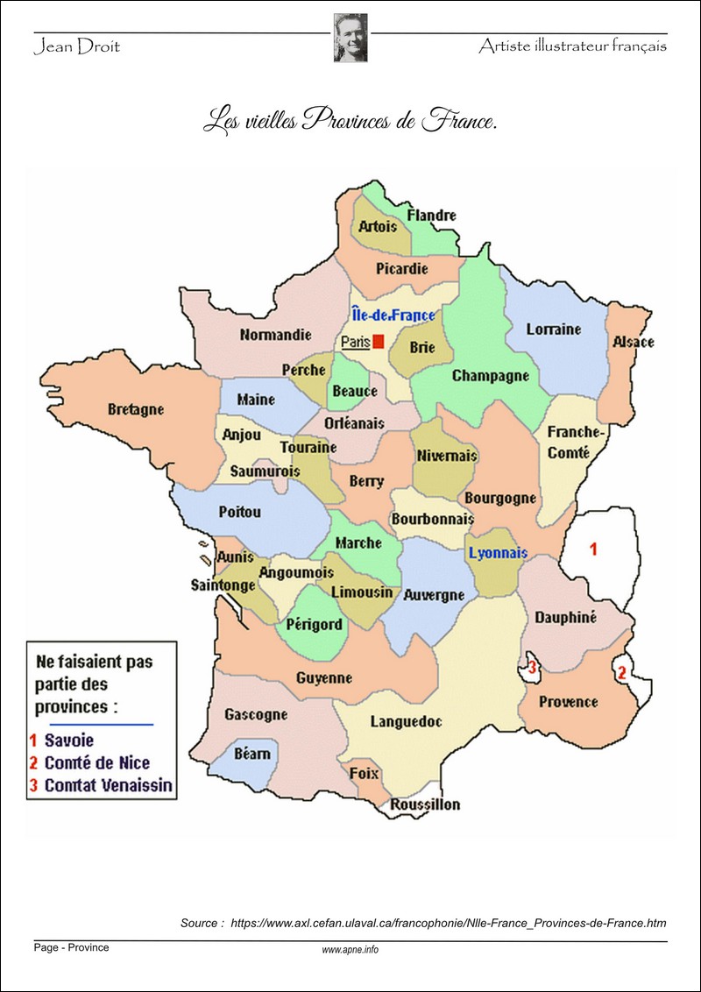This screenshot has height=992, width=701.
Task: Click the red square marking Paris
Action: pyautogui.click(x=379, y=342)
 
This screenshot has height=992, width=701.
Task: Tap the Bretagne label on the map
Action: pyautogui.click(x=136, y=409)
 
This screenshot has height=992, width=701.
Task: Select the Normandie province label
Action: pyautogui.click(x=275, y=335)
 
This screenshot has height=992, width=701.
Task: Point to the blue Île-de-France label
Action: pyautogui.click(x=393, y=314)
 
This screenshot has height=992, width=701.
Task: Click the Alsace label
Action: pyautogui.click(x=633, y=342)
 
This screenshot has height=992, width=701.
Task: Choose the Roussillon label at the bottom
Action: pyautogui.click(x=425, y=804)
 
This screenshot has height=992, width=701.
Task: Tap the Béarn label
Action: pyautogui.click(x=252, y=754)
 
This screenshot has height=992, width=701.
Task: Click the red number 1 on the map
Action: pyautogui.click(x=593, y=550)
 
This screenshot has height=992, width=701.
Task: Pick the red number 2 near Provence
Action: pyautogui.click(x=621, y=674)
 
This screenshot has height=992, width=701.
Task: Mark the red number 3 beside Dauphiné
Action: pyautogui.click(x=532, y=668)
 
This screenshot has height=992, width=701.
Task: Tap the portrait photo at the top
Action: pyautogui.click(x=350, y=38)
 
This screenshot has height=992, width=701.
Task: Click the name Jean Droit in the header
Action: pyautogui.click(x=76, y=46)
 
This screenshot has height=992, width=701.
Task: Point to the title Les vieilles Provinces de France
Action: pyautogui.click(x=350, y=120)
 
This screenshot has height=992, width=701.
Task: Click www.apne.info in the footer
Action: pyautogui.click(x=350, y=950)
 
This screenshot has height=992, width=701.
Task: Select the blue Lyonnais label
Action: pyautogui.click(x=498, y=553)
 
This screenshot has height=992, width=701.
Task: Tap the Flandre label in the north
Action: pyautogui.click(x=432, y=216)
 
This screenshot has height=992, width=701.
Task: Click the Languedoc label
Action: pyautogui.click(x=406, y=722)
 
